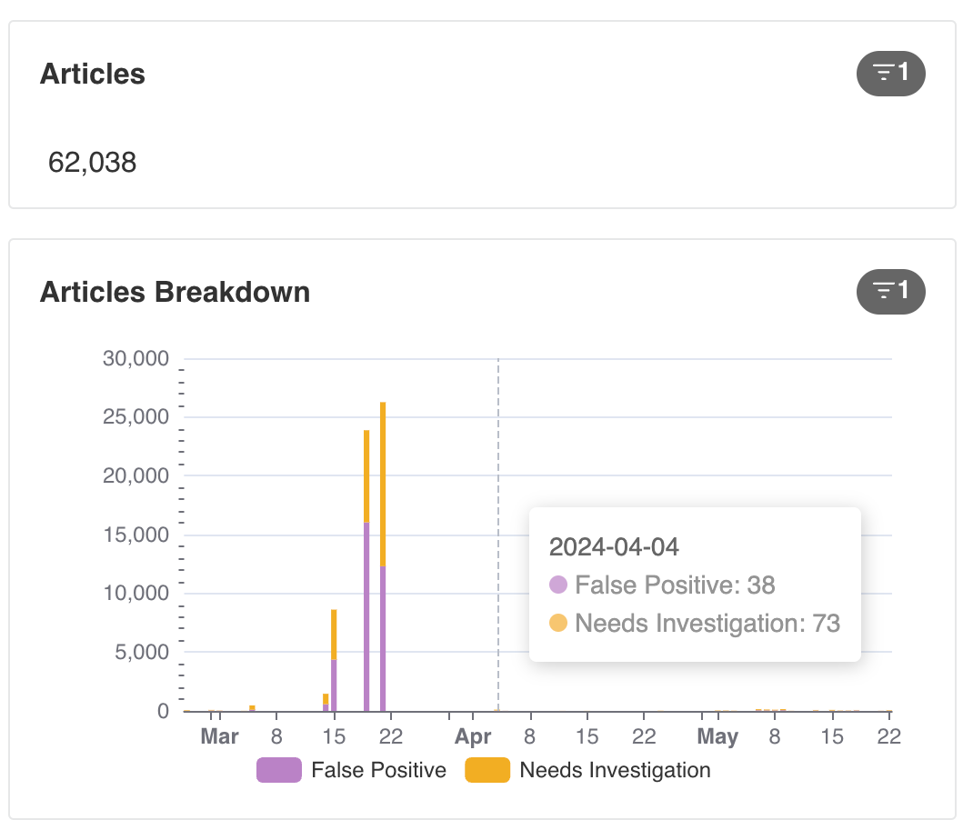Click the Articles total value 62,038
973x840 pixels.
(93, 163)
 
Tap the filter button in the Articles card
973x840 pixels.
(890, 74)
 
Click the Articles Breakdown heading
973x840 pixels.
(175, 292)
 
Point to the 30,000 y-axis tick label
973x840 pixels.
(135, 358)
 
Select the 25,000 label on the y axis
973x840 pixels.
(135, 417)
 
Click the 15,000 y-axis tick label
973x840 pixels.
(135, 535)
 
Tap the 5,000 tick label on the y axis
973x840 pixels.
(142, 652)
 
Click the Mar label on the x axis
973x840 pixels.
(220, 736)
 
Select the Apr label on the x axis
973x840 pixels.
(473, 736)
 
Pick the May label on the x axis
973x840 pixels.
(718, 736)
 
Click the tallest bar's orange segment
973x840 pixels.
(383, 485)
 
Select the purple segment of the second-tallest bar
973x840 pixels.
(366, 616)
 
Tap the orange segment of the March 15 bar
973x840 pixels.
(334, 635)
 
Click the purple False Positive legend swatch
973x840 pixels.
(279, 770)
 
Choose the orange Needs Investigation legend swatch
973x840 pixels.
(487, 770)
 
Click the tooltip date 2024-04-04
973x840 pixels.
(614, 547)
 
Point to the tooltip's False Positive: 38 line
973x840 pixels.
(663, 585)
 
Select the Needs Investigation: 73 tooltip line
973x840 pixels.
(695, 624)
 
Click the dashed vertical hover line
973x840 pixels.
(498, 535)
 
